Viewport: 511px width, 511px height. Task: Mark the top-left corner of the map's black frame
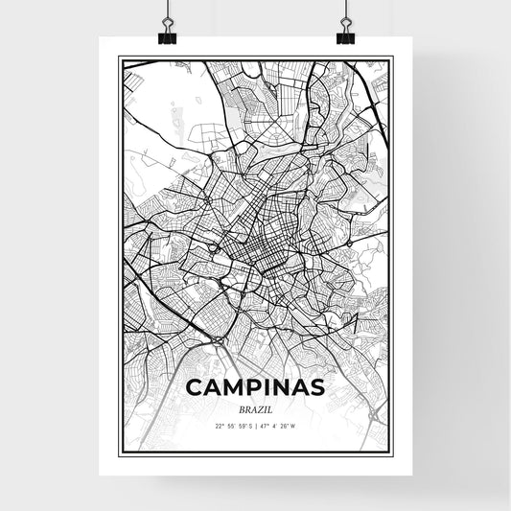tap(119, 58)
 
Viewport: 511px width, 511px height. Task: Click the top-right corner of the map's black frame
tap(392, 58)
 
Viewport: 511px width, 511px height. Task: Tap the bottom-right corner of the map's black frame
tap(392, 453)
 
